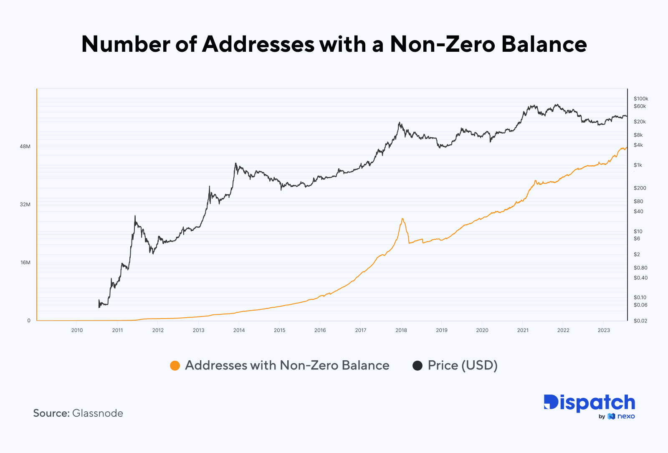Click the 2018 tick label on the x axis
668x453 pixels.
point(401,330)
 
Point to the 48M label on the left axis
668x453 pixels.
point(25,147)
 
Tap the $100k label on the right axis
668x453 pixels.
point(640,99)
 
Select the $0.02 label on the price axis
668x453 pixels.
point(640,321)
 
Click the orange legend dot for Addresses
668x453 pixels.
point(175,365)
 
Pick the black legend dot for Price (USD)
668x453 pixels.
point(417,365)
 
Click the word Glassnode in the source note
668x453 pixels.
point(98,413)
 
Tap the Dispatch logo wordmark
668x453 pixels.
point(589,403)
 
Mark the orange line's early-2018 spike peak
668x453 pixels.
point(402,219)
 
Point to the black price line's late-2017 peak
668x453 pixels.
point(400,123)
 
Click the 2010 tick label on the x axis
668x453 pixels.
point(77,330)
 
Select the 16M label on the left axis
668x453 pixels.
point(25,263)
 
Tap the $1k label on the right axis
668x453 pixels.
point(638,165)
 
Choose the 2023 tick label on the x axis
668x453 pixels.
point(603,330)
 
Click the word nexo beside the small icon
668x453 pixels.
point(626,416)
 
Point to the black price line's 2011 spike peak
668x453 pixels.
point(135,216)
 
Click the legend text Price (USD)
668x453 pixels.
point(463,365)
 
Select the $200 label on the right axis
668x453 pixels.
point(640,188)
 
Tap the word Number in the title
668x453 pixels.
point(126,44)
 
